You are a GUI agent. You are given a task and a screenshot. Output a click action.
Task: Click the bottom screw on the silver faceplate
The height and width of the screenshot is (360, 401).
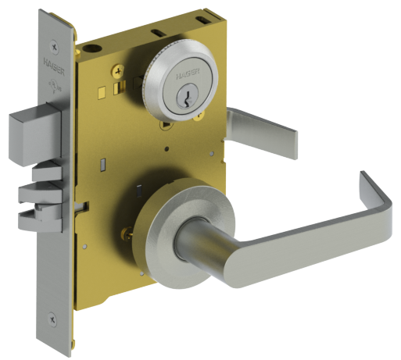click(52, 318)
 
